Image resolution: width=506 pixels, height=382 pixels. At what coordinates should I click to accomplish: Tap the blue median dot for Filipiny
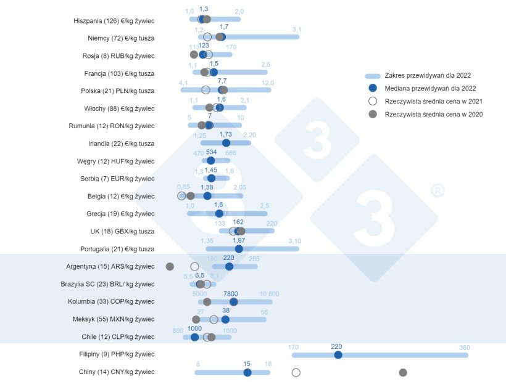click(338, 355)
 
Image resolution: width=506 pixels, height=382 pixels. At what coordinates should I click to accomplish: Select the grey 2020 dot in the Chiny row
click(403, 372)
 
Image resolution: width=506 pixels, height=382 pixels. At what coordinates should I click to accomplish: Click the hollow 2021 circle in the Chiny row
click(296, 372)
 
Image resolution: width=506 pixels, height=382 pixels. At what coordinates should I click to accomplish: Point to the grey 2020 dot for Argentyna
click(170, 266)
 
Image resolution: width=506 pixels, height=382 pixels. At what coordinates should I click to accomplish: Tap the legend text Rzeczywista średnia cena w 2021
click(433, 101)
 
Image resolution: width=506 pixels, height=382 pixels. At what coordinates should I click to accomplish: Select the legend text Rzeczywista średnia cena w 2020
click(433, 114)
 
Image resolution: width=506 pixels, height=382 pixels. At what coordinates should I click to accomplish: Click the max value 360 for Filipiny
click(464, 347)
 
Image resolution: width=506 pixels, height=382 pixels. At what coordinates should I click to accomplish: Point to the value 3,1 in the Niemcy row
click(296, 30)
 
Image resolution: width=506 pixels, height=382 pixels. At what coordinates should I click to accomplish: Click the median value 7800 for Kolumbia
click(230, 294)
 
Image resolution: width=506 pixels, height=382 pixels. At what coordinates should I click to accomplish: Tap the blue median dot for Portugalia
click(239, 249)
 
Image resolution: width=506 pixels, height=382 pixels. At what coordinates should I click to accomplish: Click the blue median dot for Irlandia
click(226, 143)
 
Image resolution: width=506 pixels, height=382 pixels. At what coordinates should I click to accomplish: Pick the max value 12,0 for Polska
click(267, 83)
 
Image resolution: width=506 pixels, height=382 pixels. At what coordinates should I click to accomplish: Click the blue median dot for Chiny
click(247, 372)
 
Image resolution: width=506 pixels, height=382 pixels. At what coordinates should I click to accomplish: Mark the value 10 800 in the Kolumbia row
click(270, 294)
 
